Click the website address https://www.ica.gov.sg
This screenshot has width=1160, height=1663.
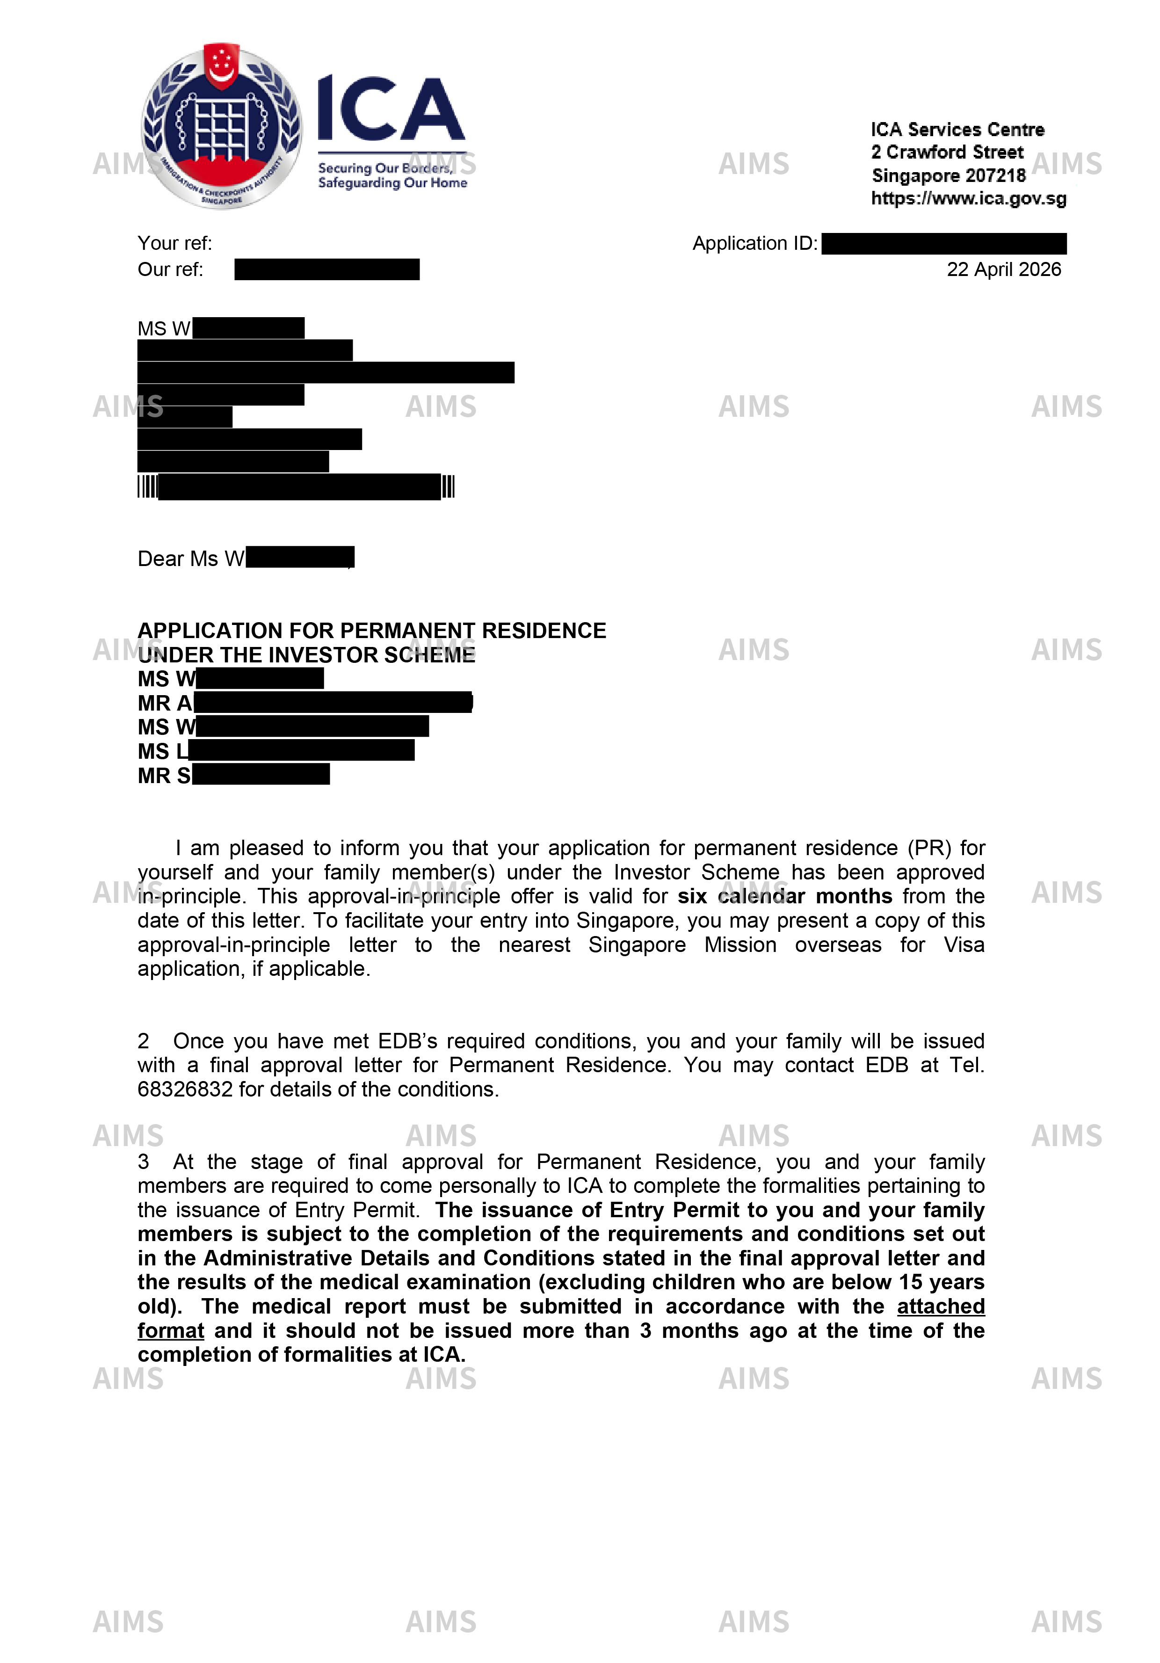pyautogui.click(x=968, y=198)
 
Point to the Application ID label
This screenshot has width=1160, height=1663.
pyautogui.click(x=754, y=243)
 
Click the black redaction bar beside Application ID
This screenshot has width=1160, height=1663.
pyautogui.click(x=943, y=243)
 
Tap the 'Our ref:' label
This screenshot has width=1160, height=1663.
pyautogui.click(x=170, y=269)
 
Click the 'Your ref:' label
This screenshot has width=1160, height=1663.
pyautogui.click(x=174, y=243)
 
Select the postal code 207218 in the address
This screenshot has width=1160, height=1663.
pyautogui.click(x=996, y=175)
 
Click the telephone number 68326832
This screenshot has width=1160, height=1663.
pyautogui.click(x=185, y=1089)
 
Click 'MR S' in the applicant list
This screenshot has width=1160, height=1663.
pyautogui.click(x=164, y=776)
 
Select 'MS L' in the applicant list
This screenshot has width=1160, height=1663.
pyautogui.click(x=163, y=751)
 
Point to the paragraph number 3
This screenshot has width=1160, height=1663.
pyautogui.click(x=144, y=1162)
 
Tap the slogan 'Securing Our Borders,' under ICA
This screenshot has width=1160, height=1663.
pyautogui.click(x=385, y=168)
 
